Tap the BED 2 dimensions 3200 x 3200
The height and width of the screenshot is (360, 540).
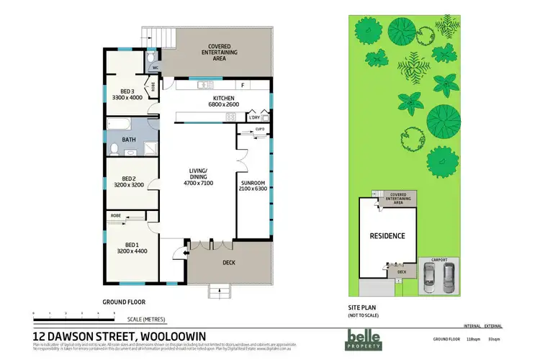click(130, 185)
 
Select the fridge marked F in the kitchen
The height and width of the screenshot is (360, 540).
click(243, 86)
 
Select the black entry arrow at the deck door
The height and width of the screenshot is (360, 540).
click(186, 251)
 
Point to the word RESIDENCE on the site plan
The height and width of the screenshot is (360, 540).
click(387, 235)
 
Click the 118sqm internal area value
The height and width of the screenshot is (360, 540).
click(474, 338)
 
